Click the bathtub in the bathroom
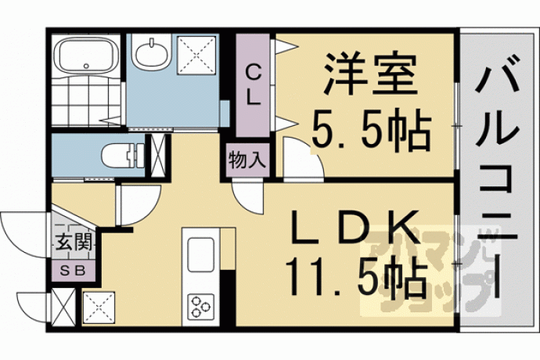point(88,54)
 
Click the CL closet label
point(253,85)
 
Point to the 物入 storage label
point(247,160)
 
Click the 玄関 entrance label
point(74,242)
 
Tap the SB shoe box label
point(73,271)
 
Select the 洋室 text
point(371,74)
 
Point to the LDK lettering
point(355,227)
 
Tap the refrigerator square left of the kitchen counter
point(99,308)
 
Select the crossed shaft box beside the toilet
point(158,156)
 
